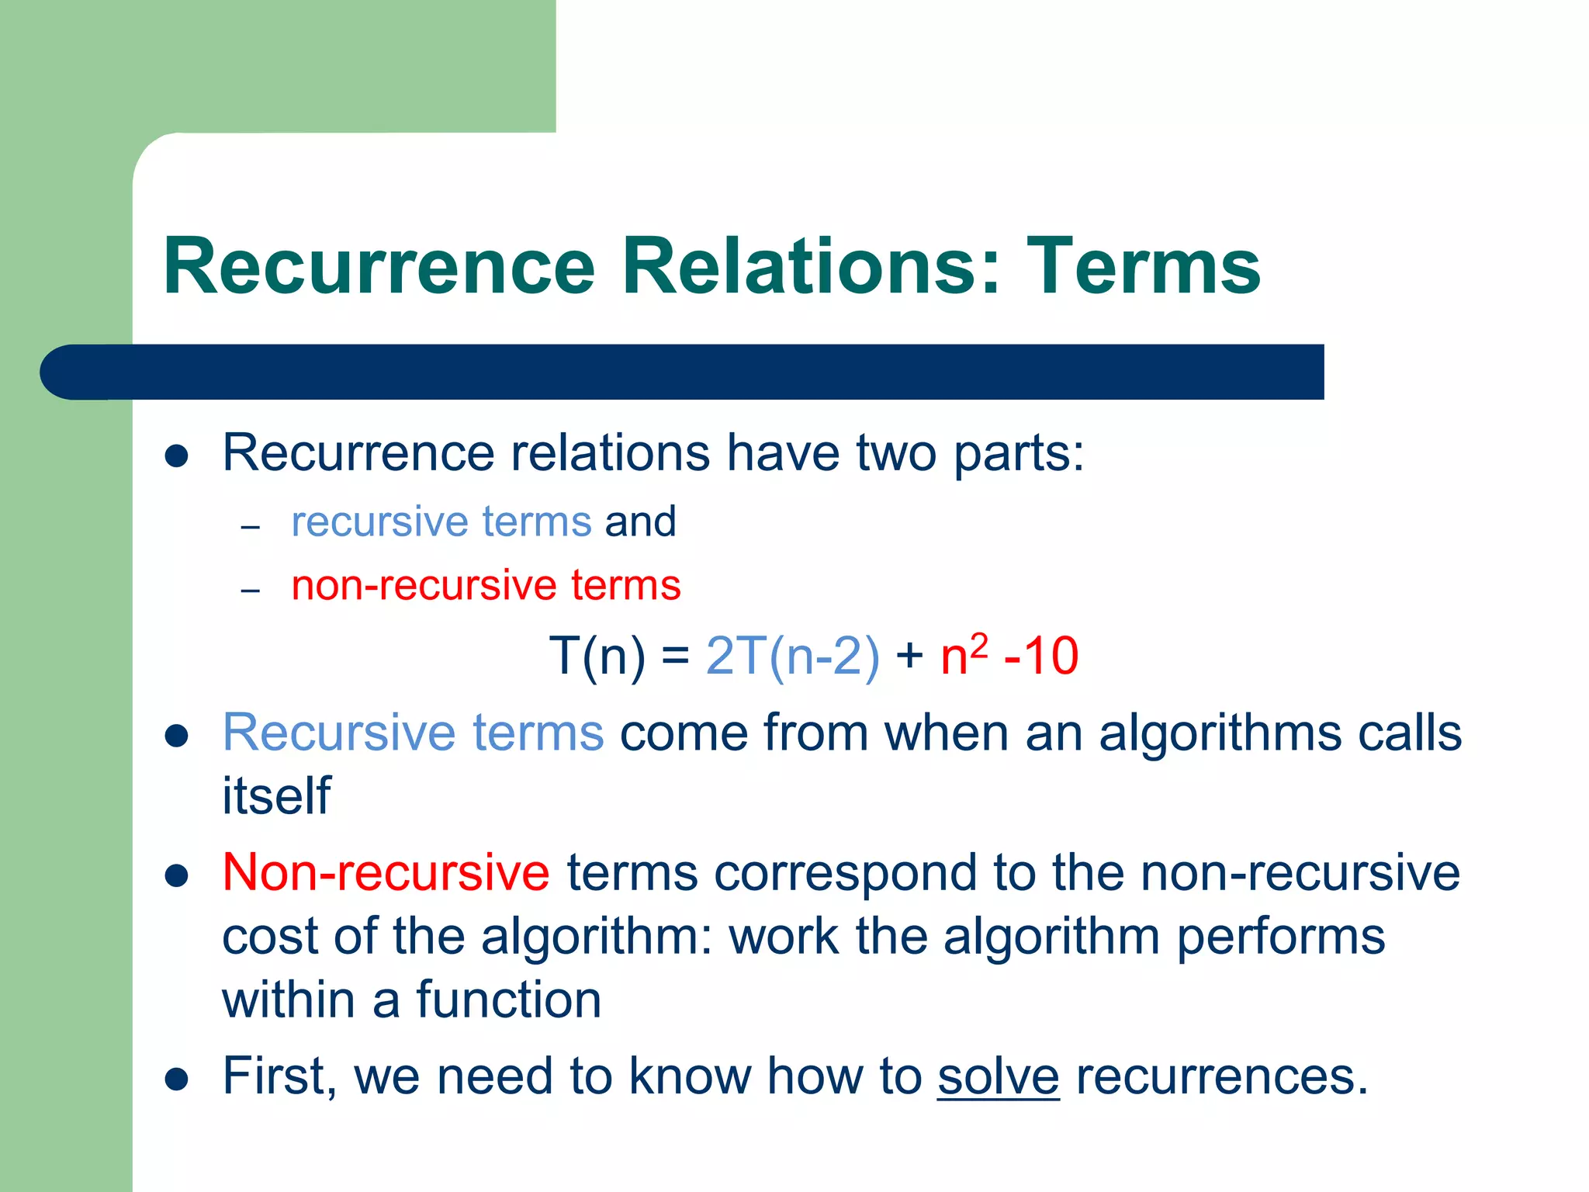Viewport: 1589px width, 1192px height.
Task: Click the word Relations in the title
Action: pos(812,266)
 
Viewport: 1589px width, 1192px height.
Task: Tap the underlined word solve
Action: pos(998,1076)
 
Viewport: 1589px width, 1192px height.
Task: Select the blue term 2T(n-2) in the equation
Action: pos(792,657)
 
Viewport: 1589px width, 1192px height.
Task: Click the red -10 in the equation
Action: pos(1040,657)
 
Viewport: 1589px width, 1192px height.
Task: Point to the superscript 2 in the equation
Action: pos(979,645)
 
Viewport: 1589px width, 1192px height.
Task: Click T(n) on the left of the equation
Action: pos(597,657)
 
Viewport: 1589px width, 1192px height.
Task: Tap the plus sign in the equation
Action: pos(909,657)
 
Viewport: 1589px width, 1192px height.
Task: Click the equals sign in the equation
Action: pos(675,657)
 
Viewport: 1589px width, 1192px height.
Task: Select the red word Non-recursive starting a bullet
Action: pos(386,872)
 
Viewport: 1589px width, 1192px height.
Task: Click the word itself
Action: pos(276,796)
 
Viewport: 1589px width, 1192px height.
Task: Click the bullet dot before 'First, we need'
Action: pos(177,1079)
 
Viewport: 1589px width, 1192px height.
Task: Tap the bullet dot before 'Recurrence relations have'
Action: pos(177,456)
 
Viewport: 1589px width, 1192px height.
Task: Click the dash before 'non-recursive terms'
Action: pos(250,591)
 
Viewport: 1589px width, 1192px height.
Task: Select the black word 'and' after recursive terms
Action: pos(640,521)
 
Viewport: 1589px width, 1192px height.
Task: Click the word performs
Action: pos(1280,937)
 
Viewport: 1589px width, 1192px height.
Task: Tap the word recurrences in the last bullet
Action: pos(1221,1076)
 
